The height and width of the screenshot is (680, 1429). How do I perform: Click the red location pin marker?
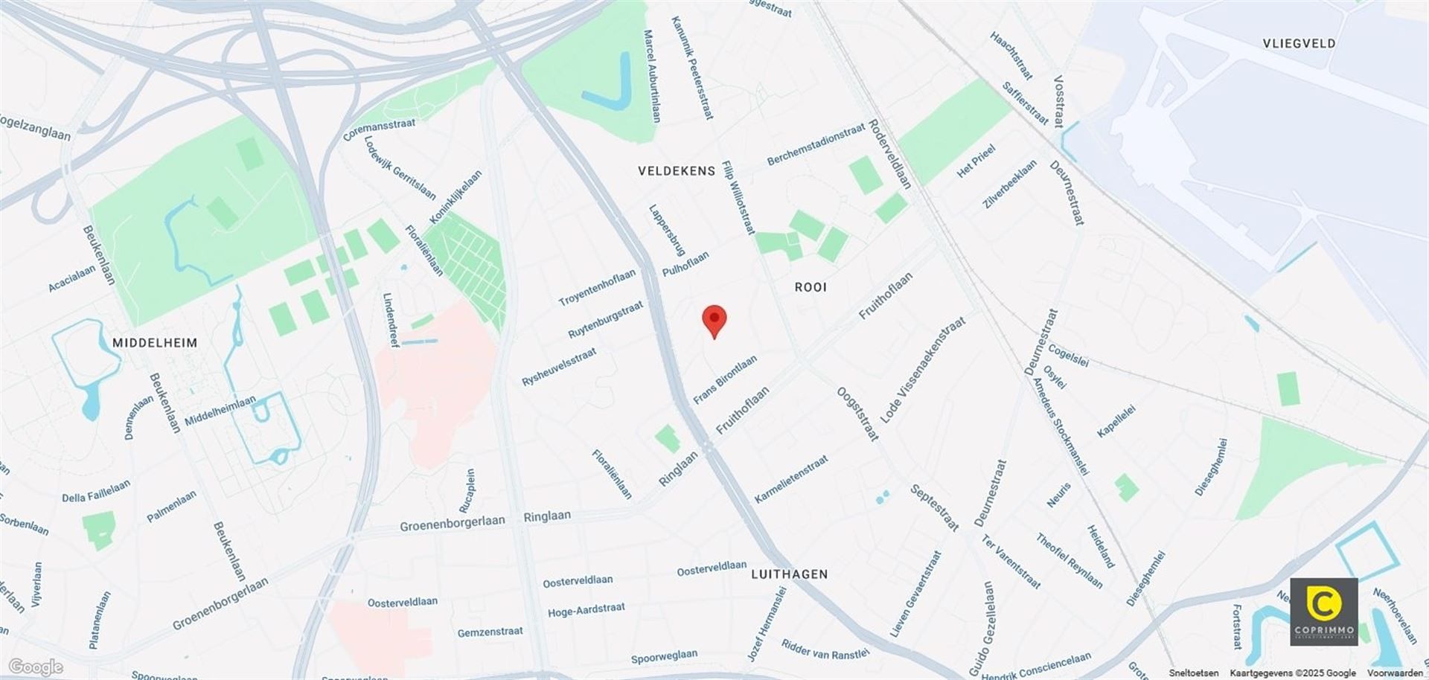[714, 321]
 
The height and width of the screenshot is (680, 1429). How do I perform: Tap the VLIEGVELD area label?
[1299, 43]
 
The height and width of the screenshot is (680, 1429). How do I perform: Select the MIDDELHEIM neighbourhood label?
[155, 343]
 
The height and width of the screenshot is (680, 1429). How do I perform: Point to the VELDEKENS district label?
[677, 171]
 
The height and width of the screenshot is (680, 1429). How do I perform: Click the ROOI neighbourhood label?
[811, 287]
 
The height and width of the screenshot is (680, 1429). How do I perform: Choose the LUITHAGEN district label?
[789, 574]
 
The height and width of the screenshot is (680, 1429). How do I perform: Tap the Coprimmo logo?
[1323, 611]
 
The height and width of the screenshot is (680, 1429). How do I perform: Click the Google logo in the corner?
[35, 667]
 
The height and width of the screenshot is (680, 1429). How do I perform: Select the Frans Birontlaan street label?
[725, 379]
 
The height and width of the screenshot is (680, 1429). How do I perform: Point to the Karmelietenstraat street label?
[790, 479]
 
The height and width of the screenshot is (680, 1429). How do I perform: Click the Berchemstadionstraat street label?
[816, 144]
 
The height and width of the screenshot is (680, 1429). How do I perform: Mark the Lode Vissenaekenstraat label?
[922, 370]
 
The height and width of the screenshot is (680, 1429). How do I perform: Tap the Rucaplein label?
[469, 490]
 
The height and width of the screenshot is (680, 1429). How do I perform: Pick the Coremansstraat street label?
[379, 129]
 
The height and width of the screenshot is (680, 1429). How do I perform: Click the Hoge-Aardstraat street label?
[586, 611]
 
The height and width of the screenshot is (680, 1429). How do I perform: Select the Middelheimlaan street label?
[220, 411]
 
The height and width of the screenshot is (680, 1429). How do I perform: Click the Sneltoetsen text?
[1193, 673]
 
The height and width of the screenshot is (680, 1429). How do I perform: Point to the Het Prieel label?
[976, 161]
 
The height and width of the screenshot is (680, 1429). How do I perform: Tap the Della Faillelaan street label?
[96, 492]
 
